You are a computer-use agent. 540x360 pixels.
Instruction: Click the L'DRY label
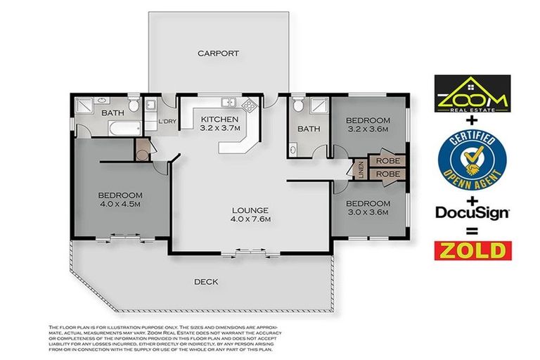[167, 122]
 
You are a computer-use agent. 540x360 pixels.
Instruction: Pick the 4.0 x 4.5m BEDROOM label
[120, 199]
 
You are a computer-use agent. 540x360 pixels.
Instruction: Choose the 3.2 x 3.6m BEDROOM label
[367, 125]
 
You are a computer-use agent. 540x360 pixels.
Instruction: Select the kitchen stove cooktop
[250, 105]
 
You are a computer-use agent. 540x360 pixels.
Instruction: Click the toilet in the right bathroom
[298, 106]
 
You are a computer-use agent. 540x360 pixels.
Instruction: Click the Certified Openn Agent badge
[471, 159]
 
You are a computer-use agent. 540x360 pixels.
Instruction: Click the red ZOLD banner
[472, 250]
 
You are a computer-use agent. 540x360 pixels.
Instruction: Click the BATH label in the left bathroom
[112, 113]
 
